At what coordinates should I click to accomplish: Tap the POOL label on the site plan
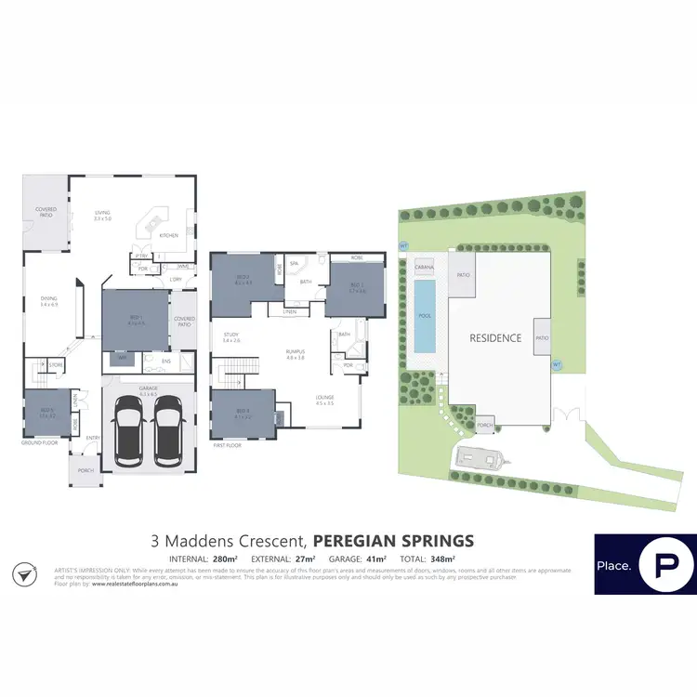424,316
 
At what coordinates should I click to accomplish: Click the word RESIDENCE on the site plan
494,338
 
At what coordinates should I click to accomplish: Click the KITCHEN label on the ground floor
168,236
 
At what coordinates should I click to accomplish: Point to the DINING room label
48,301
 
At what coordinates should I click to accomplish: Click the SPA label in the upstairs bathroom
294,264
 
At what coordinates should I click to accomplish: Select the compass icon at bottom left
25,574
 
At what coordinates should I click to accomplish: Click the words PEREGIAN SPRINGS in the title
393,540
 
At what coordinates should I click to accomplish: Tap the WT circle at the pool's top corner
403,246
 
